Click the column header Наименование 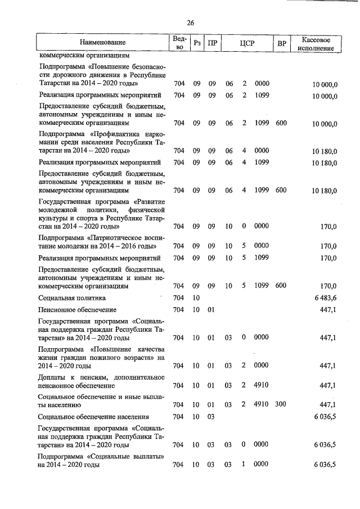(x=102, y=42)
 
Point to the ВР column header (x=281, y=43)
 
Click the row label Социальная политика (x=72, y=298)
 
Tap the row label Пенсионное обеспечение (x=77, y=310)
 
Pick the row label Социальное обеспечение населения (x=93, y=417)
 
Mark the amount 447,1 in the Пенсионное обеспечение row (x=327, y=310)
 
